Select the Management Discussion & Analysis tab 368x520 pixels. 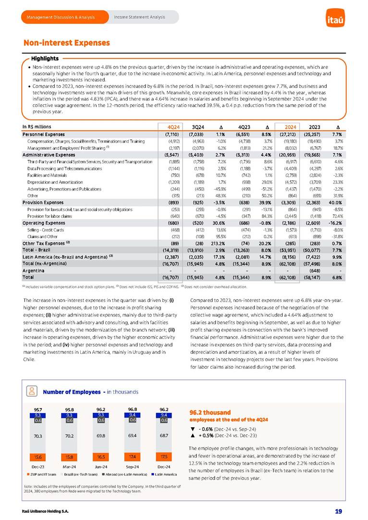coord(61,17)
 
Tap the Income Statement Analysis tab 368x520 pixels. coord(139,17)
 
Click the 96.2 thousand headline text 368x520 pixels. coord(210,412)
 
